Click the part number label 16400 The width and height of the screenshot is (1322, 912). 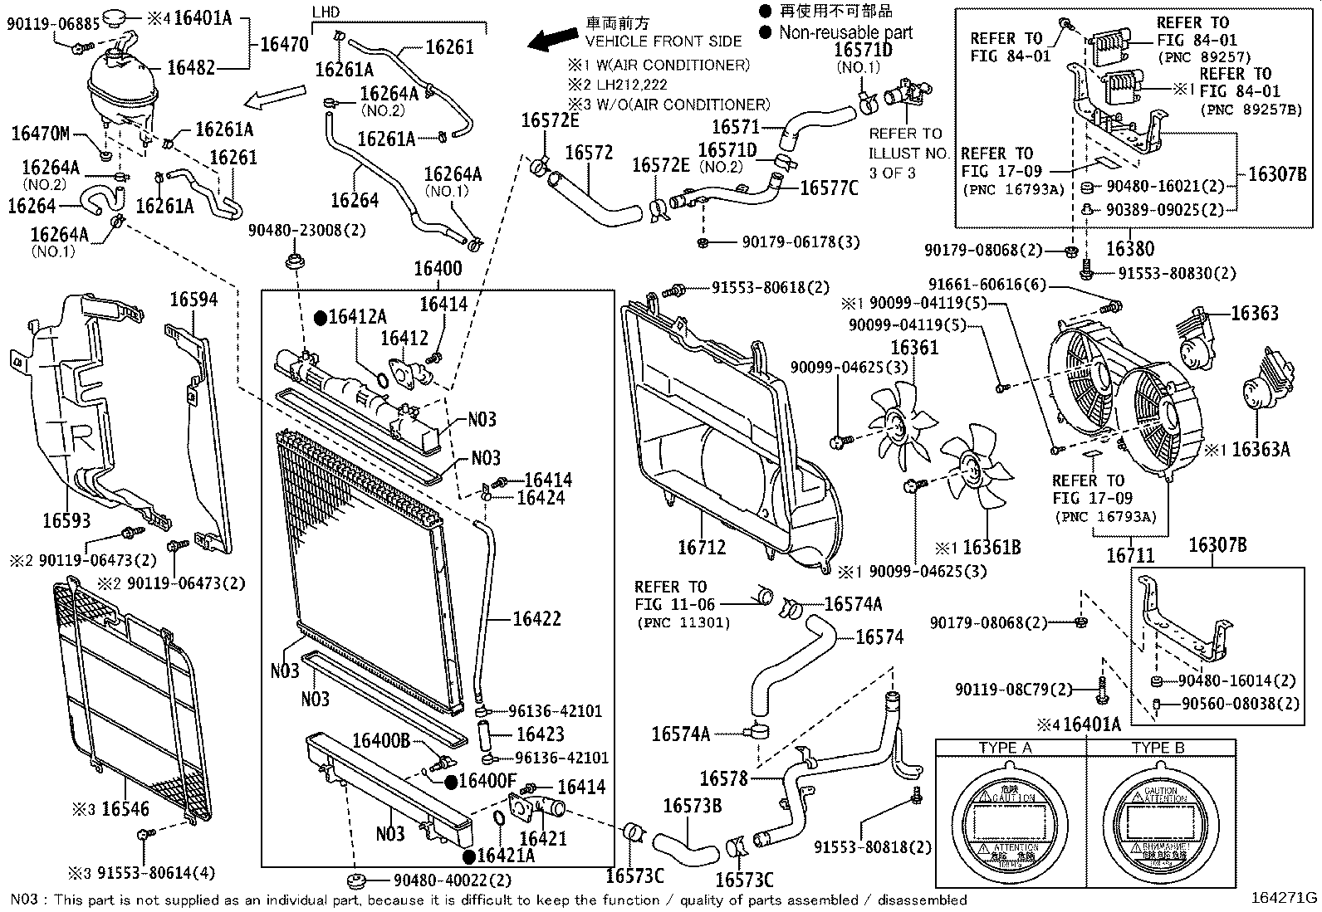click(438, 268)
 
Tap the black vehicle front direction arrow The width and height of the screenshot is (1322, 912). click(554, 38)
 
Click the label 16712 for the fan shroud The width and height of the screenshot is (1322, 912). click(702, 548)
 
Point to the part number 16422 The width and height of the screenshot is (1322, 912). click(536, 618)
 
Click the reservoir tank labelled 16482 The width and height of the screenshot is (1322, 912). click(120, 91)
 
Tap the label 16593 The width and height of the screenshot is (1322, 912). click(66, 520)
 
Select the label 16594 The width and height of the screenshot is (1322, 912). click(193, 300)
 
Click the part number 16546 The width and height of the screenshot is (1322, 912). click(125, 807)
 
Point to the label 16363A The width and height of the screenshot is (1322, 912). click(1260, 450)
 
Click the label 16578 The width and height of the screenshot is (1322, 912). click(723, 778)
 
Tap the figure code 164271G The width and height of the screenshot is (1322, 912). click(1285, 897)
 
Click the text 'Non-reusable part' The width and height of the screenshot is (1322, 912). click(845, 33)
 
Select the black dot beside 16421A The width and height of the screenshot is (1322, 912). click(468, 856)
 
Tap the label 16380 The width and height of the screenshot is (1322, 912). click(1130, 248)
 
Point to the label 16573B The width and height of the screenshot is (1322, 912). click(692, 806)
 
